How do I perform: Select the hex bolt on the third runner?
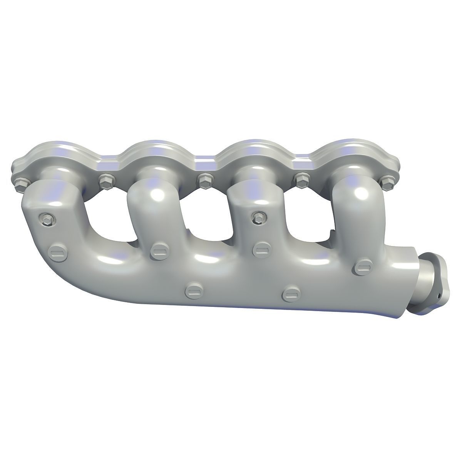point(257,218)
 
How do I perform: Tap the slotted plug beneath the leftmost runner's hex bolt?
point(55,253)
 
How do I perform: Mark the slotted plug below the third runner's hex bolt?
point(260,250)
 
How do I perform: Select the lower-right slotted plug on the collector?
point(289,295)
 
